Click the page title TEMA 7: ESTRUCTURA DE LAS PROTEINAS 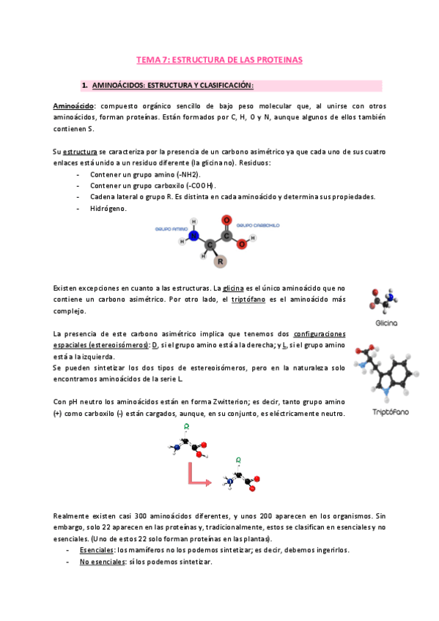click(x=220, y=59)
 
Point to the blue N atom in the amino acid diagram click(x=193, y=236)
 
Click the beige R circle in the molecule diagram click(x=220, y=261)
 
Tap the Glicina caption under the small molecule click(x=385, y=322)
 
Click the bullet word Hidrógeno click(x=108, y=208)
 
